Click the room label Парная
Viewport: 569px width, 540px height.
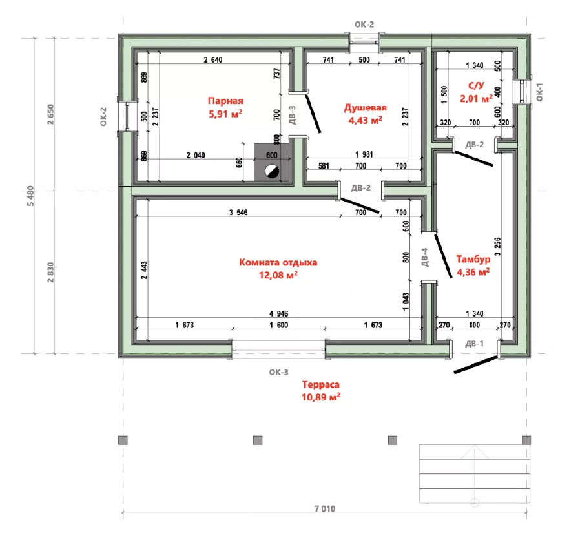(225, 101)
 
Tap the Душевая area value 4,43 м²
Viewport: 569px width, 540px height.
(366, 120)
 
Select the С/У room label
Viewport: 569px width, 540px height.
(476, 86)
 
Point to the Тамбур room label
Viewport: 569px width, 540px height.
(473, 259)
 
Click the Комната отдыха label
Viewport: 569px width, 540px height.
(278, 262)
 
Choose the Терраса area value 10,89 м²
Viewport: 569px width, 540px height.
(321, 397)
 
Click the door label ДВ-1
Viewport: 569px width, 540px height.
(474, 344)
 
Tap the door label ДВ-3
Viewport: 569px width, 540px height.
(293, 115)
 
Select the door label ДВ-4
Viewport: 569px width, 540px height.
(425, 257)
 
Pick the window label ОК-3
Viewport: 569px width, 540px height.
(279, 372)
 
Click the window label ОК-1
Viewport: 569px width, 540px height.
(539, 92)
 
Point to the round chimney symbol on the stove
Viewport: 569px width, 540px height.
(272, 171)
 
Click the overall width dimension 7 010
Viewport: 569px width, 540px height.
(325, 509)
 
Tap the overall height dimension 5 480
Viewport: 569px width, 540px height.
(30, 196)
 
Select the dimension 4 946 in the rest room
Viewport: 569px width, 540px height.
(279, 313)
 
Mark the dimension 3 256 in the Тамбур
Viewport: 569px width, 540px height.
(497, 247)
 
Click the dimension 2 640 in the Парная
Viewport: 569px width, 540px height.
(213, 60)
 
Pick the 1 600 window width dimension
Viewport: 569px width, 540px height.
(279, 325)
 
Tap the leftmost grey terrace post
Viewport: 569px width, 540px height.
(123, 441)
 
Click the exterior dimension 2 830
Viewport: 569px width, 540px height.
(50, 272)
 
